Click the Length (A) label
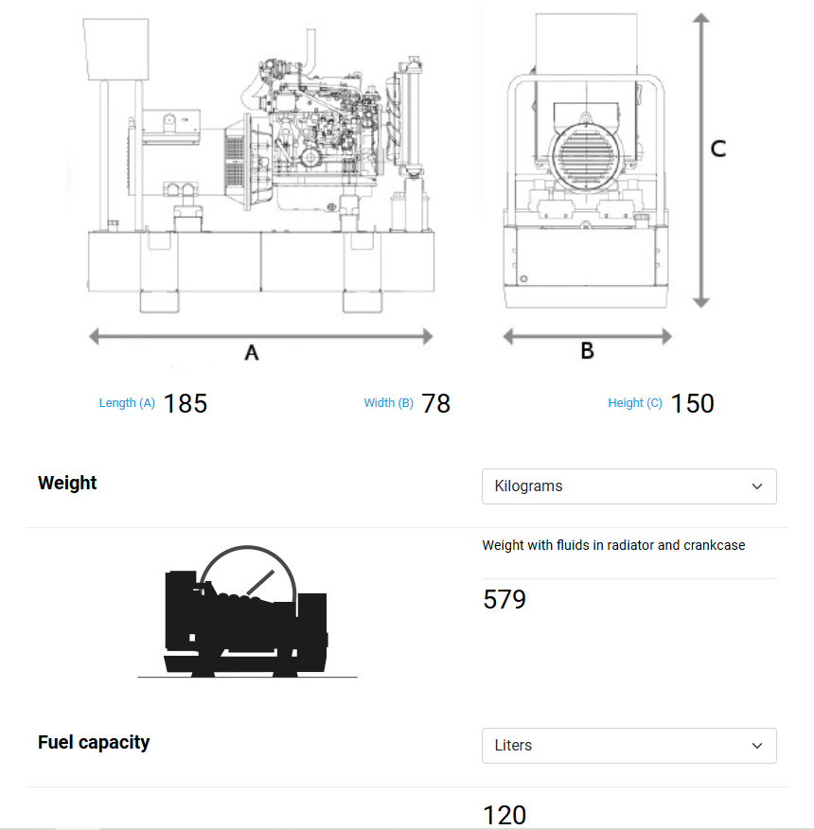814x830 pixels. [127, 403]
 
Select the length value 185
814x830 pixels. [185, 403]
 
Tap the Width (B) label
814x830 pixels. [388, 403]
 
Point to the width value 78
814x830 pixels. [436, 403]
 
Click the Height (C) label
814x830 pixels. [634, 403]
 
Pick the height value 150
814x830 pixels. [692, 403]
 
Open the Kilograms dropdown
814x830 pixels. [628, 486]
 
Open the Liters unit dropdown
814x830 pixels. [628, 746]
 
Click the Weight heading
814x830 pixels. [67, 483]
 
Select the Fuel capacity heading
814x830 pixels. [94, 742]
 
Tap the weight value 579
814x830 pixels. [504, 600]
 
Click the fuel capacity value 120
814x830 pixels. [504, 815]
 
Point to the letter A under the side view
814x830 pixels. [252, 353]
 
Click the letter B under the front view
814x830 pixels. [587, 351]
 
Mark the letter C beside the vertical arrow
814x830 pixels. [718, 149]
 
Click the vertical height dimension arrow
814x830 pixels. [700, 161]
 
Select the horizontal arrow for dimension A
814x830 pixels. [260, 336]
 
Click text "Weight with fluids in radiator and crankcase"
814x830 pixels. [613, 545]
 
